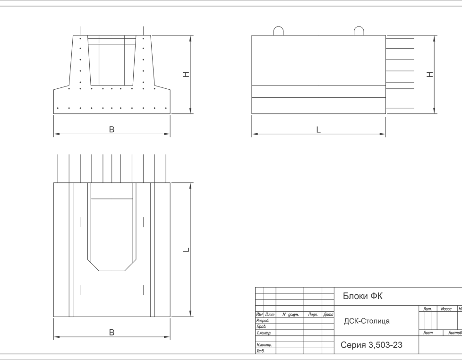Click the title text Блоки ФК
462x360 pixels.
(363, 296)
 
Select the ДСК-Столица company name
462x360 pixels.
(367, 321)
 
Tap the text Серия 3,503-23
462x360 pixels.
(371, 345)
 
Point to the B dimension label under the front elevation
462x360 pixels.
(111, 129)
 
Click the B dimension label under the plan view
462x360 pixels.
(111, 332)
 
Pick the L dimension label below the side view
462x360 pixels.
(318, 129)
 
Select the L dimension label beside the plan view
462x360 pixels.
(187, 249)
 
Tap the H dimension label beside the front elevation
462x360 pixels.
(187, 75)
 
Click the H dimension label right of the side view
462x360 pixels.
(430, 75)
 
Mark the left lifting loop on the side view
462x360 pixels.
(279, 31)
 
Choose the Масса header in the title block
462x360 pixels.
(446, 309)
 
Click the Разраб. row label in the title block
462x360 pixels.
(263, 320)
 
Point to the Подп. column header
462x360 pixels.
(313, 314)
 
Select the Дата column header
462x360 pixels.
(328, 314)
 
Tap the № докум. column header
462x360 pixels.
(290, 314)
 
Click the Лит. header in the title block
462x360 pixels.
(428, 309)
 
